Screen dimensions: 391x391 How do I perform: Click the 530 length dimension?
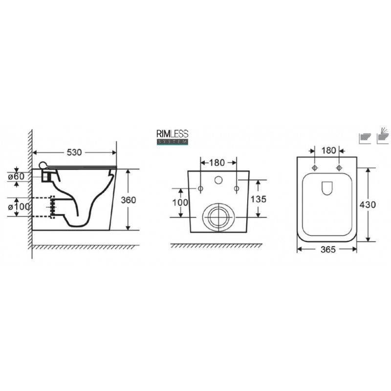[74, 152]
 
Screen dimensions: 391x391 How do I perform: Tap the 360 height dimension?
[128, 200]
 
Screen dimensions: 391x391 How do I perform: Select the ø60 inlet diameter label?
[16, 176]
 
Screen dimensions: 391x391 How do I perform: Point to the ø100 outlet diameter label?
[19, 206]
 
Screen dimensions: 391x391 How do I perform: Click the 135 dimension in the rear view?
[259, 199]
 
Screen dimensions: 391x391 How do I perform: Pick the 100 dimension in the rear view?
[180, 202]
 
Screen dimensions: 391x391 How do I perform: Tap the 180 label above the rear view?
[217, 163]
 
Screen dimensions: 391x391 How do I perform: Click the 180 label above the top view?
[328, 151]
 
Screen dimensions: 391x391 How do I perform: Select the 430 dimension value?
[368, 204]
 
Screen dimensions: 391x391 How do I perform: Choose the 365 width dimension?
[328, 249]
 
